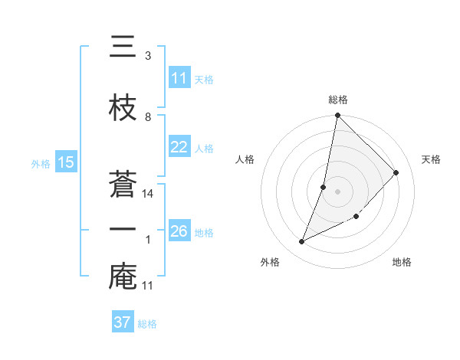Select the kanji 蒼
[123, 185]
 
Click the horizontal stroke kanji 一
[123, 229]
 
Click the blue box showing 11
[179, 78]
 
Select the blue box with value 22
[179, 148]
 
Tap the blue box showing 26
[179, 231]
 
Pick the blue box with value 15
[65, 162]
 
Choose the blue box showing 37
[123, 322]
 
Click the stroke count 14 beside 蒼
[148, 195]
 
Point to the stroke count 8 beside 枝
[148, 117]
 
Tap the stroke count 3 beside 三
[148, 55]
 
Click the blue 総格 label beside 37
[147, 324]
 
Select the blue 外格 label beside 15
[41, 163]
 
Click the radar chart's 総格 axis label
[337, 100]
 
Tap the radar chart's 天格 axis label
[431, 159]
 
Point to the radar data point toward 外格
[302, 242]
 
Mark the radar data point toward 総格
[337, 116]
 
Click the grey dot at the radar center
[337, 191]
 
